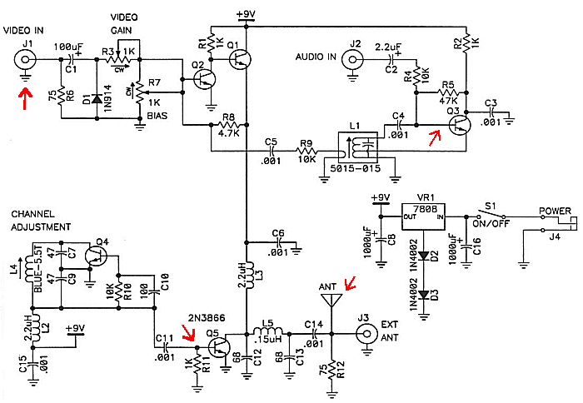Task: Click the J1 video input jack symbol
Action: [x=25, y=59]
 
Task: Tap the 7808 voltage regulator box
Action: [x=423, y=216]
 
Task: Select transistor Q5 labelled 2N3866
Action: [x=218, y=347]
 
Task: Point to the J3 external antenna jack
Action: [x=366, y=334]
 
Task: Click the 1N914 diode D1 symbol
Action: [x=97, y=99]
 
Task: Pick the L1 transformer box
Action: [x=357, y=147]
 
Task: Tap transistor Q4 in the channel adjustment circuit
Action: [x=96, y=256]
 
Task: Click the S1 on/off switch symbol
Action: [x=491, y=215]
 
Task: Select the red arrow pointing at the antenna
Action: [x=350, y=283]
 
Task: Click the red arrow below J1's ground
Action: [x=25, y=97]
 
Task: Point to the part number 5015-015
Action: [x=356, y=168]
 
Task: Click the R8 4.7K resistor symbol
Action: [x=228, y=125]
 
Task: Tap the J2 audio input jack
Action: [x=352, y=59]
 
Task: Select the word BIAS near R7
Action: [x=157, y=116]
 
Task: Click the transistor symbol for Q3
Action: [x=460, y=125]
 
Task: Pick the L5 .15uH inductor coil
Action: [x=268, y=331]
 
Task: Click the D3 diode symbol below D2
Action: [x=424, y=296]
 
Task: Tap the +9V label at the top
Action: [x=247, y=14]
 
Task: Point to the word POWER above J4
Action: [x=556, y=211]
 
